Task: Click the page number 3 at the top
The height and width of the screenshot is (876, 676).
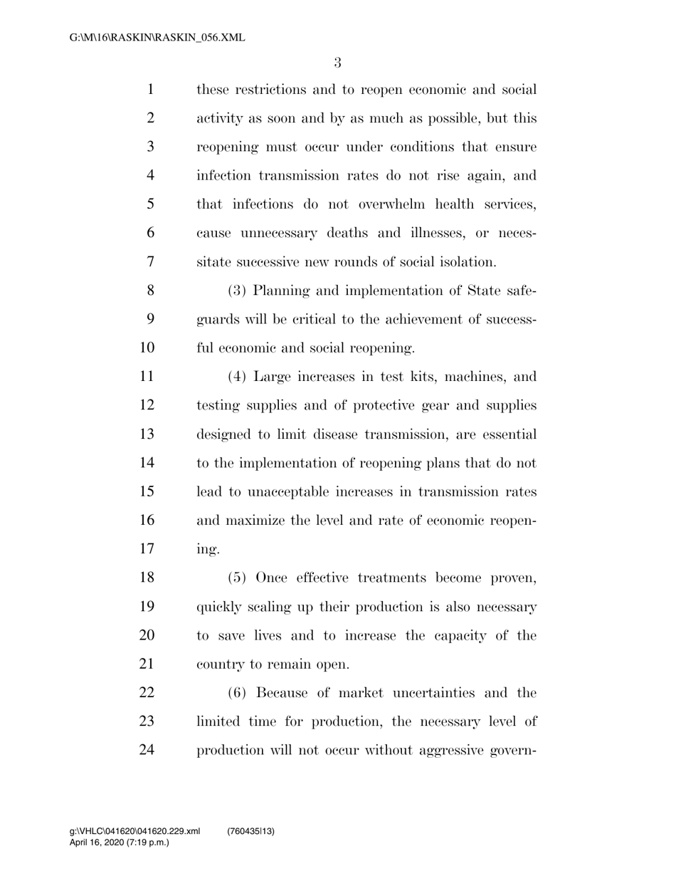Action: click(x=337, y=63)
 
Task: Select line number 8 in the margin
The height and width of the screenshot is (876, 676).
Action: click(x=149, y=291)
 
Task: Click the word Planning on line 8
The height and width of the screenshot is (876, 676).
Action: click(x=282, y=291)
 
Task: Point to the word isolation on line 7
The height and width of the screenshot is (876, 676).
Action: click(x=467, y=262)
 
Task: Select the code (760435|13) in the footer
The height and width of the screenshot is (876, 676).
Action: click(x=250, y=832)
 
